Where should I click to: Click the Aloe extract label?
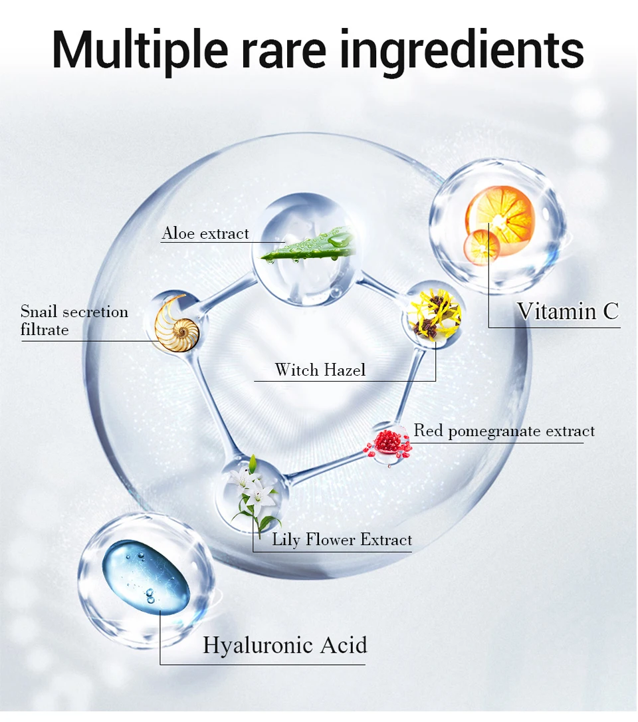coord(205,233)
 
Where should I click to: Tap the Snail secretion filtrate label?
coord(74,320)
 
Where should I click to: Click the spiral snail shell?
coord(175,324)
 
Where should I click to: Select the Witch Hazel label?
coord(320,370)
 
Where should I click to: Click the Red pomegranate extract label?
coord(504,431)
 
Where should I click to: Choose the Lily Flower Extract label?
coord(342,539)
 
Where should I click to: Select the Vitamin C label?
coord(567,310)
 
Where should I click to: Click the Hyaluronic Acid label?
coord(284,644)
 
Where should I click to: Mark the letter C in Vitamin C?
coord(609,310)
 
